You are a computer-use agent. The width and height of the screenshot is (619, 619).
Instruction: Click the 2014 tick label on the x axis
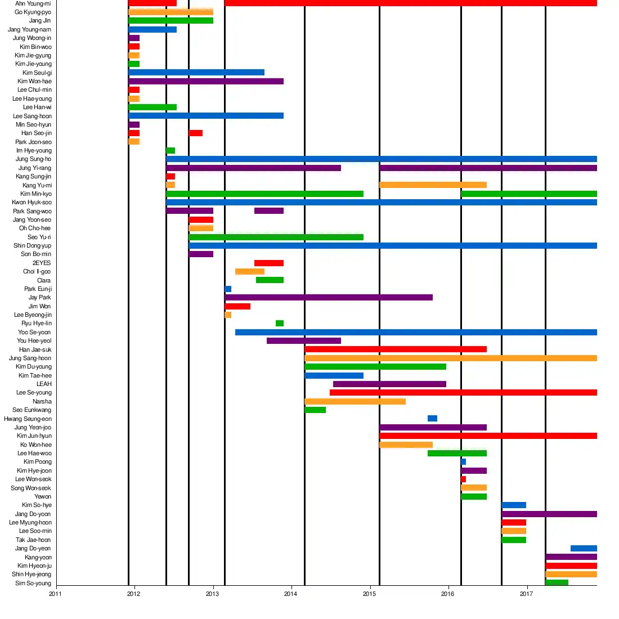290,594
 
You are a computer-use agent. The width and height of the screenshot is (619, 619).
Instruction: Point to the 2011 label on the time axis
55,594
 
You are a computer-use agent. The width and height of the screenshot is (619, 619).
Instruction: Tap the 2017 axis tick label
526,594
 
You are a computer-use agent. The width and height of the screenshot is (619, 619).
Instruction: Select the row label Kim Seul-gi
37,73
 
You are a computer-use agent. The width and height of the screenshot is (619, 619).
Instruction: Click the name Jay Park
39,298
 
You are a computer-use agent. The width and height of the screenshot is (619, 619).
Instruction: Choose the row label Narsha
42,401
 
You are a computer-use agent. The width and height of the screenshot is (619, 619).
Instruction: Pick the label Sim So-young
33,583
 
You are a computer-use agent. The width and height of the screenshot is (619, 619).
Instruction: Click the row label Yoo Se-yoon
34,332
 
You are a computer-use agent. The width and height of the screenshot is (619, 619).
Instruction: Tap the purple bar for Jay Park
329,298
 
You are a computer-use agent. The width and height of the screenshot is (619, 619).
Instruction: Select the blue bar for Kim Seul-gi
196,73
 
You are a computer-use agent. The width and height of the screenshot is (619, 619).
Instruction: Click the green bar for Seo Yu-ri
276,237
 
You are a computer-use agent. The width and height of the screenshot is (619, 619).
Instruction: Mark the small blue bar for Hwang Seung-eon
432,419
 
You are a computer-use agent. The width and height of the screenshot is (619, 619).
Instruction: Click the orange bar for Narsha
355,401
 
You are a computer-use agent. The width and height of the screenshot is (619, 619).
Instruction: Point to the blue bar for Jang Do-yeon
584,549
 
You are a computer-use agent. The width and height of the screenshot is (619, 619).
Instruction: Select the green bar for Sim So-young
557,583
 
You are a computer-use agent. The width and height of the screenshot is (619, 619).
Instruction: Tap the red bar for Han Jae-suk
396,349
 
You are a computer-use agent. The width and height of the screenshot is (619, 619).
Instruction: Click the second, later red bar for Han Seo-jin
195,133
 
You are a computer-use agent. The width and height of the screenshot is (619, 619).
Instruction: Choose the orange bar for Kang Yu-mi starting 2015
433,185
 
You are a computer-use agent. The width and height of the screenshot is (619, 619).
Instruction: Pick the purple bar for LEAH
389,384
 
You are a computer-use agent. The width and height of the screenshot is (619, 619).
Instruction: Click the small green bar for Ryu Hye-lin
280,324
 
